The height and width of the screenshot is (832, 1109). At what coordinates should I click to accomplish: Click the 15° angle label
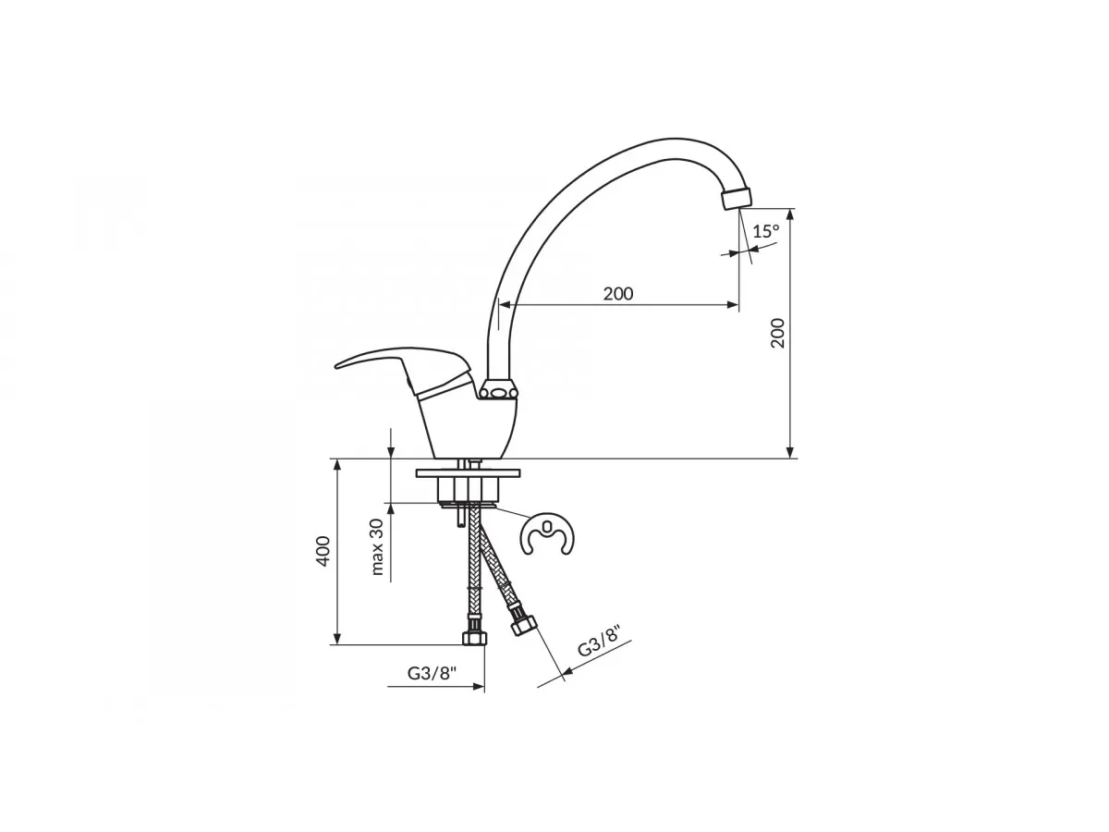(766, 231)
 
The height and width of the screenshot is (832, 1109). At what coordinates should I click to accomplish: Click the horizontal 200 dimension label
(617, 293)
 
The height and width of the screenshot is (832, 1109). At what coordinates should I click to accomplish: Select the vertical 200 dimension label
(777, 333)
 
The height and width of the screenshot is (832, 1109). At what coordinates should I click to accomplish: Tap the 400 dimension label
(323, 551)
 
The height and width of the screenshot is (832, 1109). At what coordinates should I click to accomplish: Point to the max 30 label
(377, 547)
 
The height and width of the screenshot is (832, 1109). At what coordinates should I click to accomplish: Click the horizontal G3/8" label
(432, 673)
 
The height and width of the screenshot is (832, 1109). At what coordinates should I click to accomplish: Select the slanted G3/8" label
(599, 641)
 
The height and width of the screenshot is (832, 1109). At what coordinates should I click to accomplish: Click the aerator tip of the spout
(737, 198)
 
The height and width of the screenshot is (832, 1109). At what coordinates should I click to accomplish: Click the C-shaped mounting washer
(547, 535)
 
